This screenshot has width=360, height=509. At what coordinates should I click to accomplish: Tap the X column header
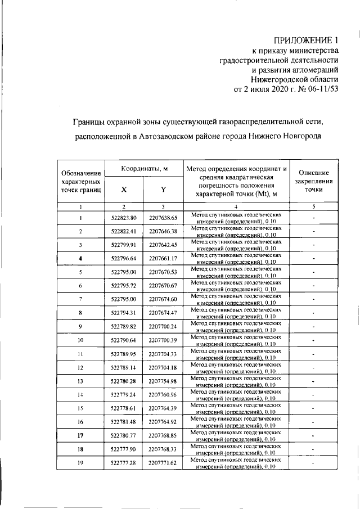(x=124, y=190)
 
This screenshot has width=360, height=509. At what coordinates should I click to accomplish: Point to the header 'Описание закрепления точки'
(x=313, y=182)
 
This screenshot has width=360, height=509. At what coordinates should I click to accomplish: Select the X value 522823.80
(x=124, y=218)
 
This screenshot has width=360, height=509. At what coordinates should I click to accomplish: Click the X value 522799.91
(x=124, y=245)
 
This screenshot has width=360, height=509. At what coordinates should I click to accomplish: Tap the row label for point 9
(x=81, y=327)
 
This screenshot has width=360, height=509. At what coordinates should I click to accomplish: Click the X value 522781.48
(x=124, y=422)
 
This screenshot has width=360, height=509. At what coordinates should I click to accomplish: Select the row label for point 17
(x=81, y=435)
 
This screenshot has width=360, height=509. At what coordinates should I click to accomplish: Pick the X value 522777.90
(x=124, y=449)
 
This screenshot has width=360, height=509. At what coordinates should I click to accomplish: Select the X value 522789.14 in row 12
(x=124, y=368)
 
